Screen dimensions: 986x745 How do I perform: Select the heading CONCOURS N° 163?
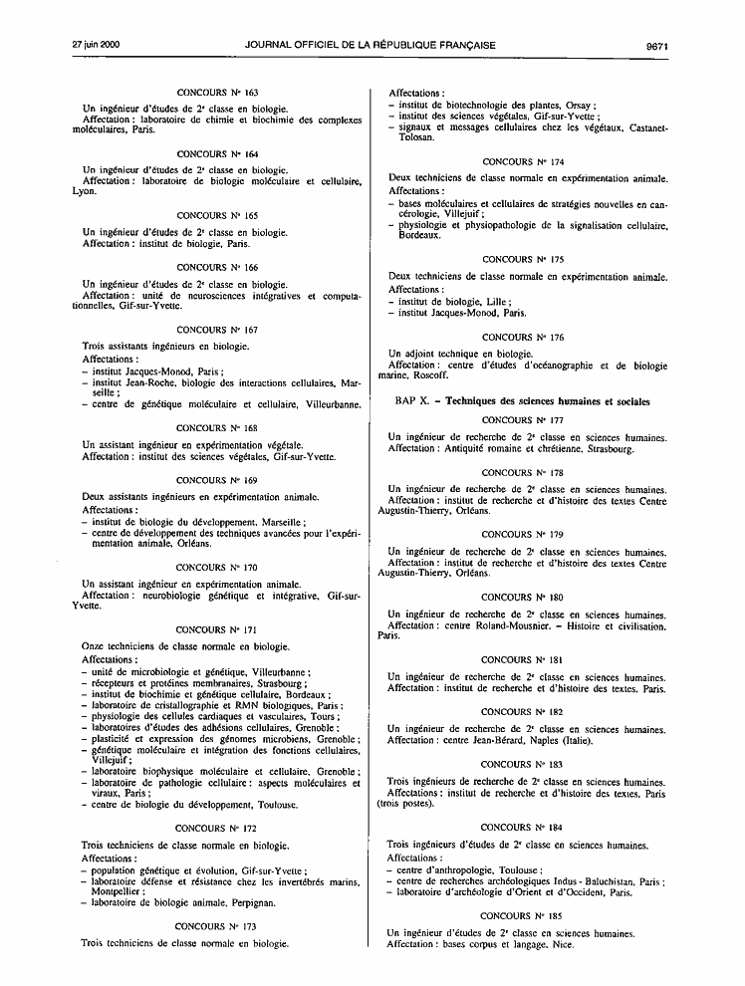pos(216,92)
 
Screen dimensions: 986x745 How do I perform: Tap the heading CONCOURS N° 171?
pos(216,629)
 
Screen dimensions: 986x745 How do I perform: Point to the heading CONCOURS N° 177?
pos(522,420)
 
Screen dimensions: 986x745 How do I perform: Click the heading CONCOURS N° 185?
pos(522,914)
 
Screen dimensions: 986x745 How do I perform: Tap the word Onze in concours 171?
pos(95,646)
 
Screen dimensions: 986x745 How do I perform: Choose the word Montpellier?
pos(117,892)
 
